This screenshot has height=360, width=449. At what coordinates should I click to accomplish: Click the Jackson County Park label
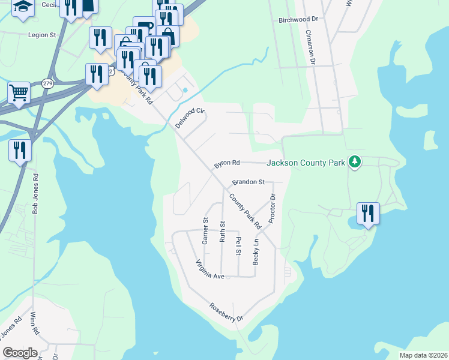click(x=306, y=162)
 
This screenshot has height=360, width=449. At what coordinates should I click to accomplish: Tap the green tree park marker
click(x=355, y=161)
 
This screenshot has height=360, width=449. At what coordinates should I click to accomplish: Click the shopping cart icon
click(x=19, y=93)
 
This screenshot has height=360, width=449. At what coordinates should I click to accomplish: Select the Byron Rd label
click(x=228, y=163)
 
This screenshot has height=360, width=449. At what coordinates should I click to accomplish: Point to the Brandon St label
click(x=249, y=181)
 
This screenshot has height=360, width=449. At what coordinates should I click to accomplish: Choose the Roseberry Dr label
click(x=226, y=313)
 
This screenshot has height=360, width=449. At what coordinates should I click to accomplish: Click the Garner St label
click(x=205, y=231)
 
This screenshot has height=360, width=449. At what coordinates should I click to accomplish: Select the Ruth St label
click(x=223, y=231)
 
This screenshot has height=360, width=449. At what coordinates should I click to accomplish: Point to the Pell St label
click(x=238, y=246)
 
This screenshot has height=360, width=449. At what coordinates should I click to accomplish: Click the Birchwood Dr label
click(x=298, y=20)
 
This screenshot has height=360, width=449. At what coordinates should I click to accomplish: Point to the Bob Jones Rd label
click(x=35, y=194)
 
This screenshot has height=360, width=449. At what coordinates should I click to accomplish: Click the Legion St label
click(x=41, y=35)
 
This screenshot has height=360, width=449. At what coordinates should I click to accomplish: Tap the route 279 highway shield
click(x=47, y=83)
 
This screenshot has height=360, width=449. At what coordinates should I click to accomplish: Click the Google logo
click(x=20, y=352)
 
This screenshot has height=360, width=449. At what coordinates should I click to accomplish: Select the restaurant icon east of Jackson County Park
click(x=368, y=214)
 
